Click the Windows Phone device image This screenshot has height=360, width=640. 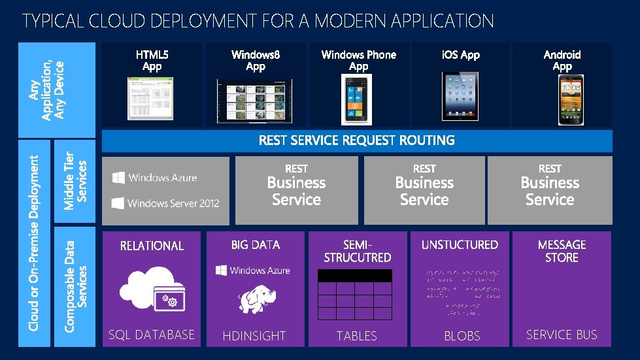pyautogui.click(x=358, y=99)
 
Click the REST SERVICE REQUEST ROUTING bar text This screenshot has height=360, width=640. pyautogui.click(x=356, y=140)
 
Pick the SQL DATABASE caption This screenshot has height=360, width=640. pyautogui.click(x=151, y=335)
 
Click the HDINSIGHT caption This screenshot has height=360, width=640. pyautogui.click(x=254, y=336)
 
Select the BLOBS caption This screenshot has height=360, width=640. pyautogui.click(x=462, y=336)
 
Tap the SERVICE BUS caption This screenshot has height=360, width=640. pyautogui.click(x=562, y=335)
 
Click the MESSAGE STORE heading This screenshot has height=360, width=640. pyautogui.click(x=562, y=251)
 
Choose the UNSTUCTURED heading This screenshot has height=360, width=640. pyautogui.click(x=460, y=245)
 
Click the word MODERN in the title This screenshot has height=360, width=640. pyautogui.click(x=349, y=21)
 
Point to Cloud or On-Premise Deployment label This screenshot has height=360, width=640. pyautogui.click(x=36, y=242)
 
